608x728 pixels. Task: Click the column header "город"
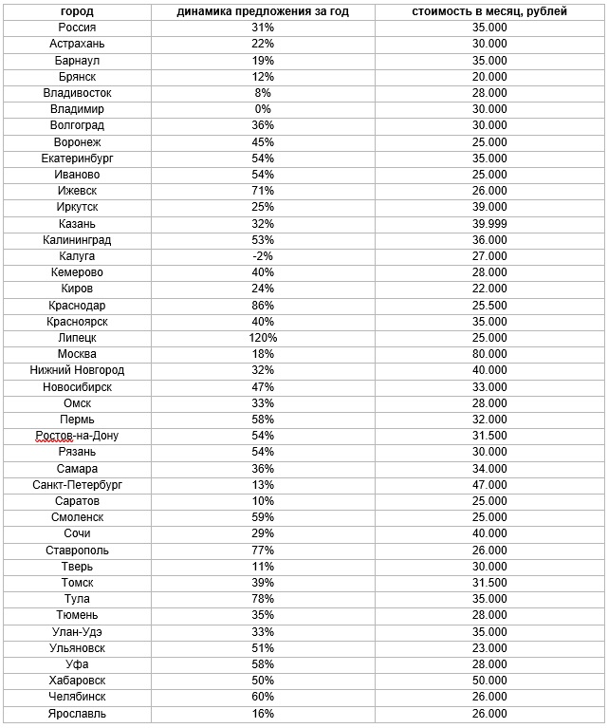(77, 11)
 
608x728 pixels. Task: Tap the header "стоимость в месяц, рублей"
(489, 11)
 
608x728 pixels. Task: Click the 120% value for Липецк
(263, 338)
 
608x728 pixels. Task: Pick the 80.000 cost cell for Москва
(489, 354)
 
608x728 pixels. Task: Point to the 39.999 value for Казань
(489, 223)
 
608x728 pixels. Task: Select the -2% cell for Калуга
(263, 256)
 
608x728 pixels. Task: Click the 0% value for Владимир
(263, 109)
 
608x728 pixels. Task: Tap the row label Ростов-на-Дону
(77, 436)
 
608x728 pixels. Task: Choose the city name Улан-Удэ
(77, 631)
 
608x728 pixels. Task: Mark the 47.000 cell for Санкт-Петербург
(489, 484)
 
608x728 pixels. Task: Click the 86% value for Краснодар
(263, 306)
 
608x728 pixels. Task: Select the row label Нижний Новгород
(77, 370)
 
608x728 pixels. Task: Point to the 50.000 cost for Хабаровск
(489, 681)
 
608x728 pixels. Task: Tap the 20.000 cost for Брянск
(489, 77)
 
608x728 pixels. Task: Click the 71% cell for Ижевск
(263, 191)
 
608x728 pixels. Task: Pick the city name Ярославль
(77, 713)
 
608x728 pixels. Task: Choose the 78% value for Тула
(263, 599)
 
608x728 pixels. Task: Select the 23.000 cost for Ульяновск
(489, 648)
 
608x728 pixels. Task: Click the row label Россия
(77, 28)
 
